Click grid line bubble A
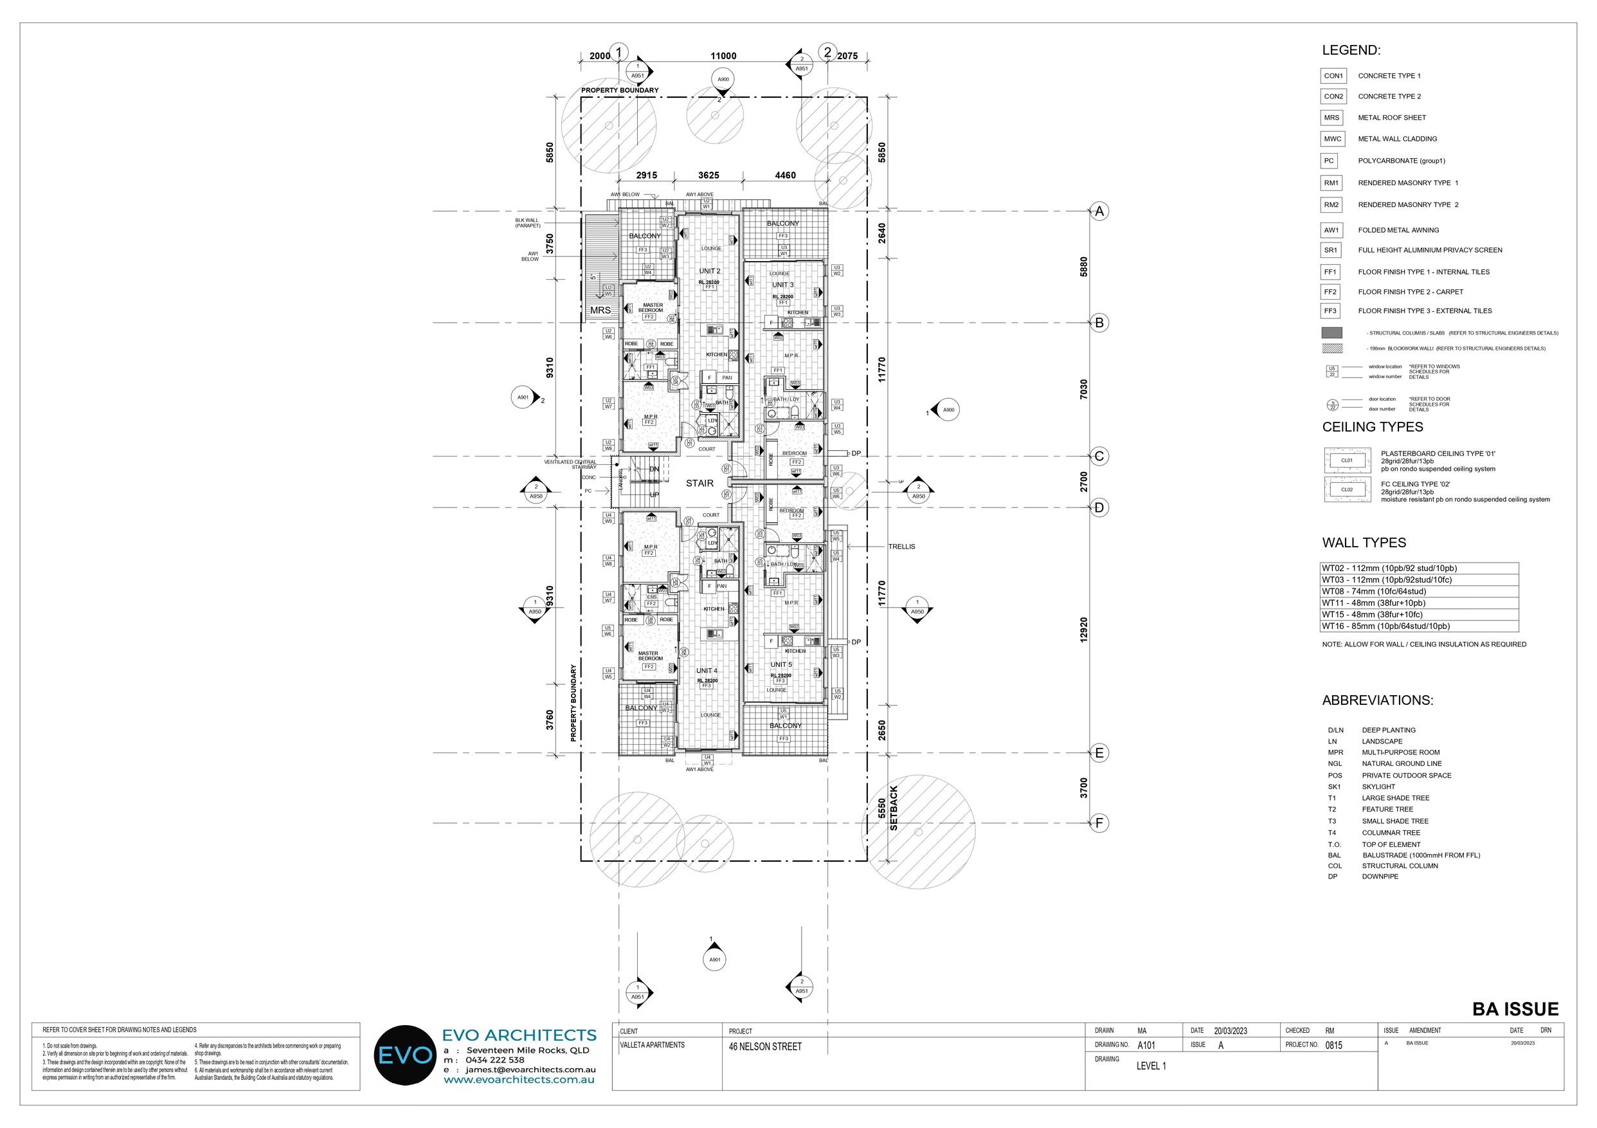(1099, 211)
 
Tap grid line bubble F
(1099, 823)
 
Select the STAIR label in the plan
(699, 483)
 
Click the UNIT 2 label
(710, 271)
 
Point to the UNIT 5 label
(781, 664)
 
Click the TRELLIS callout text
(901, 546)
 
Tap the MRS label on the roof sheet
(600, 311)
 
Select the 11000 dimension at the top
(723, 57)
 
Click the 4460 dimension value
(785, 176)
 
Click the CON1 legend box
(1333, 76)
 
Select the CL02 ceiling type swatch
(1347, 490)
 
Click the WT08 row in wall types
(1419, 592)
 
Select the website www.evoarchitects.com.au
(519, 1079)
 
